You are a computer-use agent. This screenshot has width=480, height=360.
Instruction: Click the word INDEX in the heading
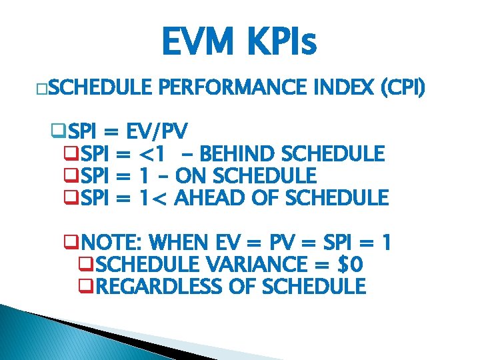(x=353, y=87)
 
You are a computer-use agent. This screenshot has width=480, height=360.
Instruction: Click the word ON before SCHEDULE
(x=190, y=177)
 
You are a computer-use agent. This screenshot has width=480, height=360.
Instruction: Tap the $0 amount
(x=351, y=265)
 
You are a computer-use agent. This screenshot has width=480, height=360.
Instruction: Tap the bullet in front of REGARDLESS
(x=84, y=287)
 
